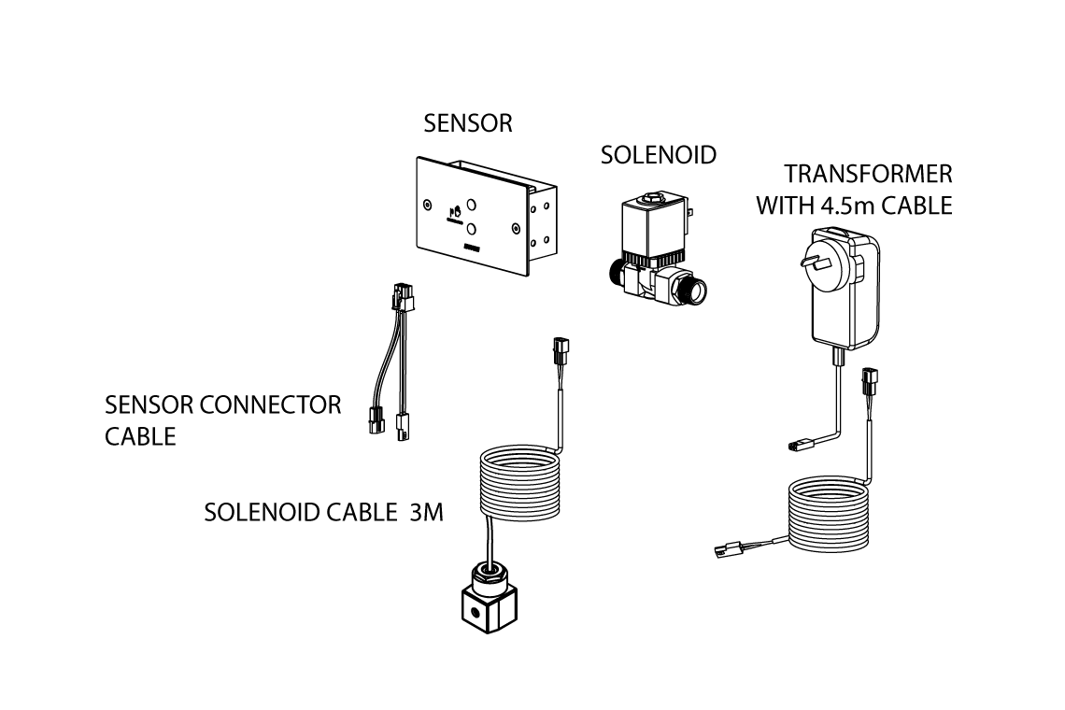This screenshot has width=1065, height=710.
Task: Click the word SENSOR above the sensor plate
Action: (x=467, y=123)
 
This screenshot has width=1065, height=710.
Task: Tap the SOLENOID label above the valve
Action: (x=658, y=154)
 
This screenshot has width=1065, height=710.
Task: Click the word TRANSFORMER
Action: (x=868, y=174)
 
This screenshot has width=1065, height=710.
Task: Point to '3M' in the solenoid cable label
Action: (x=426, y=513)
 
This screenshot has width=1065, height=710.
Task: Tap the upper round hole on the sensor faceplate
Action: (x=473, y=205)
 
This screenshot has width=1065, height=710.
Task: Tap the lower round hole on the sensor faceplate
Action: (x=473, y=228)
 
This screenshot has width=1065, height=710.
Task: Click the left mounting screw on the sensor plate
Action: (x=427, y=204)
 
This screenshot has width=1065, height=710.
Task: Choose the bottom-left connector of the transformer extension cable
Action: (x=727, y=550)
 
